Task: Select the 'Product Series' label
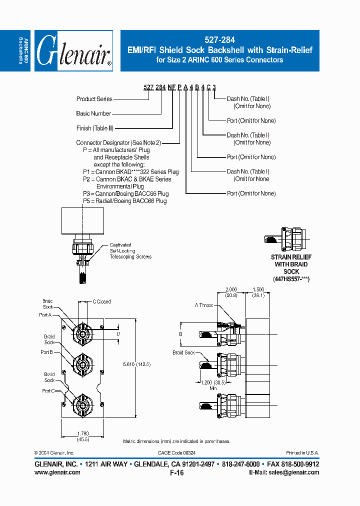[x=94, y=99]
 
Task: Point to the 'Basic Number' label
[x=93, y=113]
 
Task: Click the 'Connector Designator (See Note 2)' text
[x=115, y=143]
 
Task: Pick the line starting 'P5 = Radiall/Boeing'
[x=124, y=201]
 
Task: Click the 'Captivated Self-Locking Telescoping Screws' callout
[x=130, y=251]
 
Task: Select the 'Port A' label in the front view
[x=45, y=315]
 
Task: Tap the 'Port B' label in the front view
[x=46, y=352]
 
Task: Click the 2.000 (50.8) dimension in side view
[x=231, y=292]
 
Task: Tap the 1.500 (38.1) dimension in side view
[x=258, y=292]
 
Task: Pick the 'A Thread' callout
[x=204, y=305]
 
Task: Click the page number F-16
[x=177, y=473]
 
